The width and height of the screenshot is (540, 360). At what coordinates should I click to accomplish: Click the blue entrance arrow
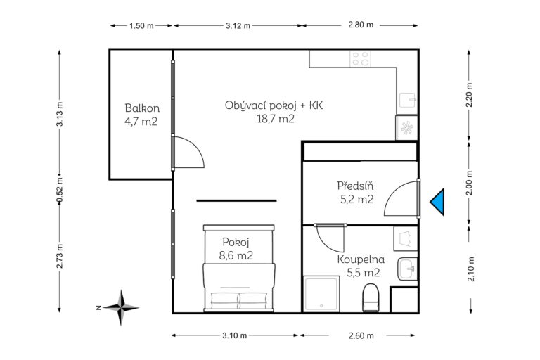pos(439,202)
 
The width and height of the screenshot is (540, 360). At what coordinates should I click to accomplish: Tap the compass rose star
pos(121,308)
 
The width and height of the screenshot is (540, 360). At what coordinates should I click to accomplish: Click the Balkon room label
pos(142,108)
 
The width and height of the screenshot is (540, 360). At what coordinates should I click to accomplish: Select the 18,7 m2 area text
pos(276,119)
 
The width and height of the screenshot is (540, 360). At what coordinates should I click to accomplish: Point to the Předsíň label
pos(355,186)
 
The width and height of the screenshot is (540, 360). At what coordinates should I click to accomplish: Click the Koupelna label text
pos(361,259)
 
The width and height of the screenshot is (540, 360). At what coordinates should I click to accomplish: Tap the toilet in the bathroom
pos(371,297)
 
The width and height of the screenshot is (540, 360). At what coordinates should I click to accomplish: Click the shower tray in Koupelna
pos(321,294)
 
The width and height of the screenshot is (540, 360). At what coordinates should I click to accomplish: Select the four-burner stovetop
pos(361,58)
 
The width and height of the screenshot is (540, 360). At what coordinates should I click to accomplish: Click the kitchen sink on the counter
pos(408,100)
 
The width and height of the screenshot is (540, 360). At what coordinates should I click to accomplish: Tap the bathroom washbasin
pos(407,269)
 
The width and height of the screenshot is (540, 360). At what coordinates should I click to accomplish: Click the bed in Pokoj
pos(239,269)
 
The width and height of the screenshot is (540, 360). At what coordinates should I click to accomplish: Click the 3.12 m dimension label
pos(238,25)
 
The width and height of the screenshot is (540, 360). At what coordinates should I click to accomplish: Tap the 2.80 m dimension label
pos(361,25)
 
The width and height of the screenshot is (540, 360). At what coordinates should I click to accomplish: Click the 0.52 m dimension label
pos(60,191)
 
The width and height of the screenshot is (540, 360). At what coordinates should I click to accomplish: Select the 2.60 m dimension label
pos(361,335)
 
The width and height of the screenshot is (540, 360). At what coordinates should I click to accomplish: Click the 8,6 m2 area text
pos(236,255)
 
